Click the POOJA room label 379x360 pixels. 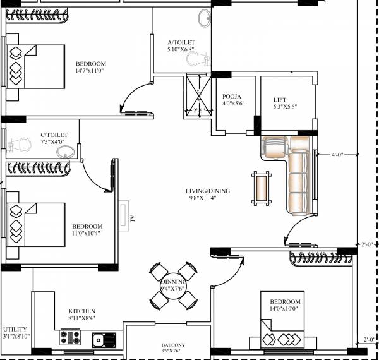tap(229, 98)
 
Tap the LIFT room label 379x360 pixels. tap(280, 100)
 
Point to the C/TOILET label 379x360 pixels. tap(54, 135)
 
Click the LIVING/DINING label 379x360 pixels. tap(208, 191)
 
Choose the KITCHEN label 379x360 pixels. tap(82, 311)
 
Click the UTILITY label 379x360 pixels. tap(15, 329)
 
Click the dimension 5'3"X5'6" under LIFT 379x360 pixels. tap(285, 107)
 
